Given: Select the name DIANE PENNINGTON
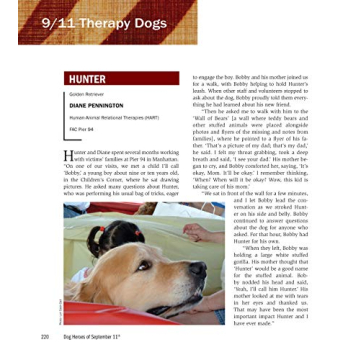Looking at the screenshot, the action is (x=98, y=106).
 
